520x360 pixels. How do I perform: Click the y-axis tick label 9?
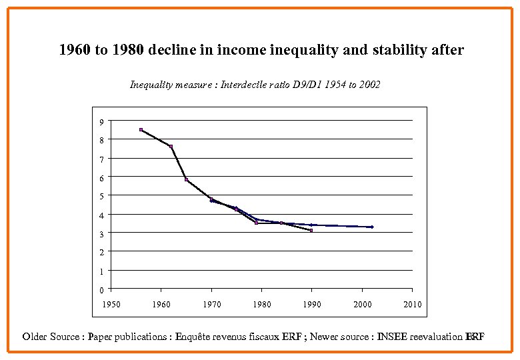(101, 122)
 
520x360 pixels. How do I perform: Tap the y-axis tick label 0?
(101, 290)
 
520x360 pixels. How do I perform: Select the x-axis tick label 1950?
(111, 305)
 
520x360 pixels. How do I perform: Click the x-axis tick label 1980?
(261, 305)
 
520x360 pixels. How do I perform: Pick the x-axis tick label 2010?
(412, 305)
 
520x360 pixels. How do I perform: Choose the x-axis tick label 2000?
(362, 305)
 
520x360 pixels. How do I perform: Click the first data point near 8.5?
(141, 129)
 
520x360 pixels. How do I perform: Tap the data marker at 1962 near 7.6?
(171, 147)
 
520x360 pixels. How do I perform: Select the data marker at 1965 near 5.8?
(186, 179)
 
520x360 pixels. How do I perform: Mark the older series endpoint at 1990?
(311, 231)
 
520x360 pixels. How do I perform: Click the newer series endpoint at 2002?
(372, 227)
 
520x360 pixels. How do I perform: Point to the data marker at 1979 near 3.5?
(256, 223)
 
